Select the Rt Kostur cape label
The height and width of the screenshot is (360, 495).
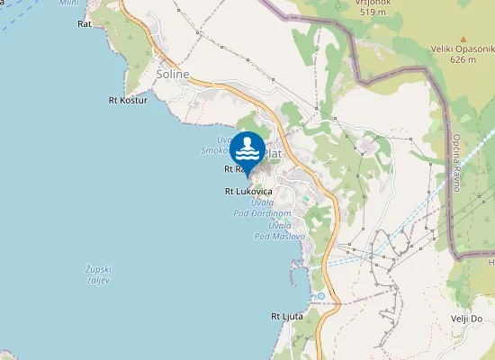pos(127,100)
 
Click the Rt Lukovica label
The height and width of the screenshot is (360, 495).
pos(248,192)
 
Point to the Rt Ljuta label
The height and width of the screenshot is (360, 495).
pos(287,317)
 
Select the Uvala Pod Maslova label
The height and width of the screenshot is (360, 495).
pos(280,230)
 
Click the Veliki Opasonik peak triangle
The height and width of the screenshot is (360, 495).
pos(463,40)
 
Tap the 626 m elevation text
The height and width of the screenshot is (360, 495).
pos(463,60)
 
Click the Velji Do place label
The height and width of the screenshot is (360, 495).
pos(467,319)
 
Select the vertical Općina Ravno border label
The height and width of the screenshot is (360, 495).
pos(457,156)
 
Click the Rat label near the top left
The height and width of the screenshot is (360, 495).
pos(85,24)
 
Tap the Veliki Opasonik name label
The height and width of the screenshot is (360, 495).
pos(463,50)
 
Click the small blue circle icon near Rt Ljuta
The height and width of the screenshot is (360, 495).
pos(320,295)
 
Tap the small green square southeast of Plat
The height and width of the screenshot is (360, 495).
pos(305,199)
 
